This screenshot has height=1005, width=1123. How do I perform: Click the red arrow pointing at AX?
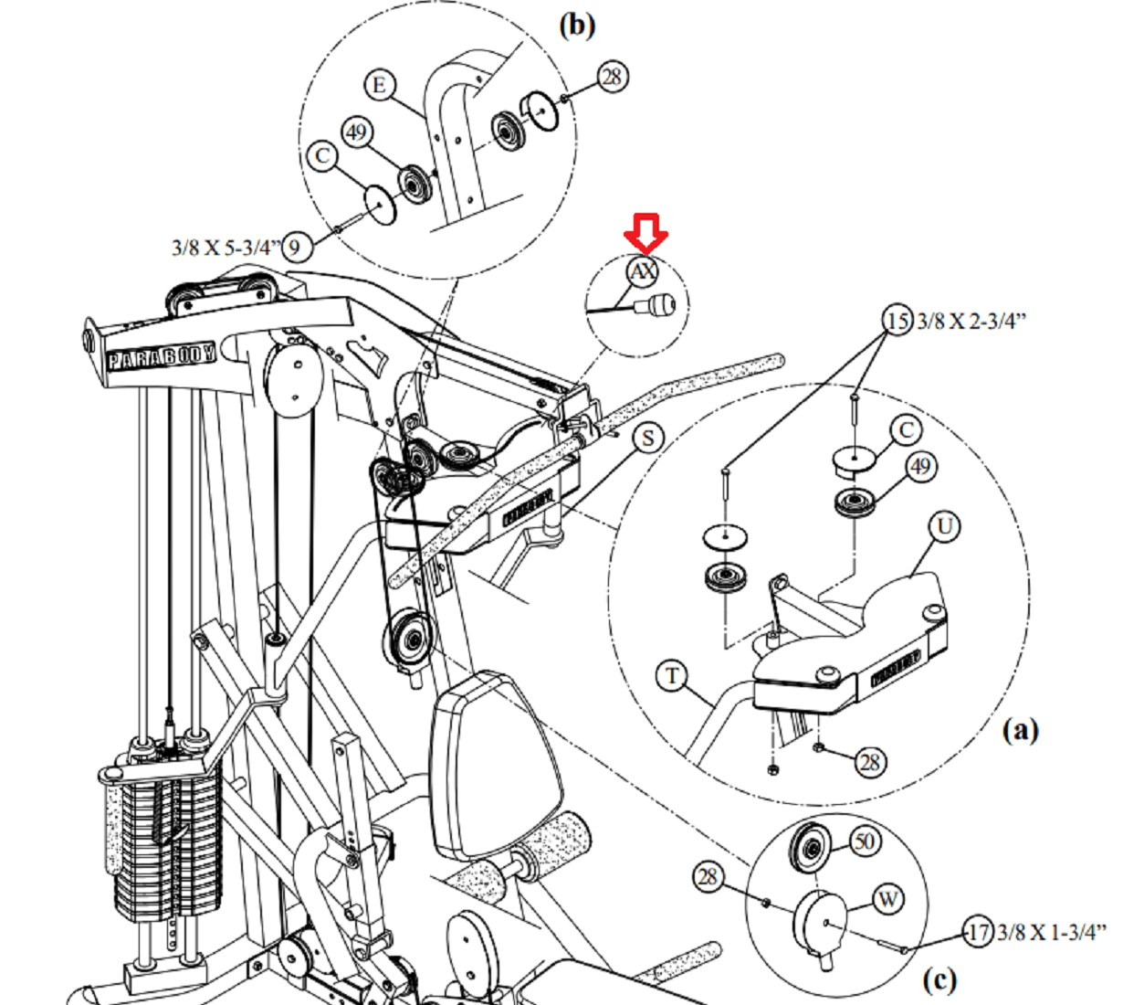645,233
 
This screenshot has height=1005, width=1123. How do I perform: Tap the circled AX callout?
644,271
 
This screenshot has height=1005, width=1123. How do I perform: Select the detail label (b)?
576,24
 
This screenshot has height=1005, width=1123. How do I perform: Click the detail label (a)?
1020,730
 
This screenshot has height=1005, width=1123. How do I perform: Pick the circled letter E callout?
380,86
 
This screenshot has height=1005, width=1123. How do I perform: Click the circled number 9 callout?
296,247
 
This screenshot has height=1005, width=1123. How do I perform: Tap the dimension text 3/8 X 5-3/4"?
226,248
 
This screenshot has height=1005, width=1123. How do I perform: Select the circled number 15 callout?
897,321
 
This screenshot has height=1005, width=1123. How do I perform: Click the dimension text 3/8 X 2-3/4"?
972,321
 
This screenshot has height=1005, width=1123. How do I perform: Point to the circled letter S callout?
647,439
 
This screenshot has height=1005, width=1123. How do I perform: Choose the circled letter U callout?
945,527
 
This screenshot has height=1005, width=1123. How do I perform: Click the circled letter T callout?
673,676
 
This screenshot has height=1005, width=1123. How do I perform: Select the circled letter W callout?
888,899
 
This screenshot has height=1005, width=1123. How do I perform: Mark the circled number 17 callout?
979,933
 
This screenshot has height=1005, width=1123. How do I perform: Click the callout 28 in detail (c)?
708,877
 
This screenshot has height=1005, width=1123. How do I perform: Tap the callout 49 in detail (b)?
356,132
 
